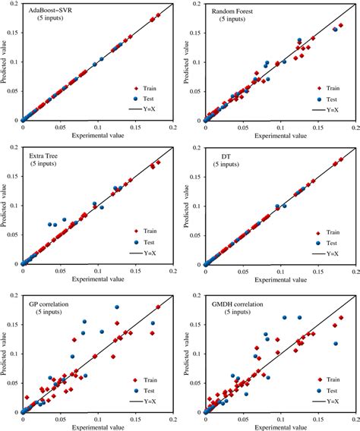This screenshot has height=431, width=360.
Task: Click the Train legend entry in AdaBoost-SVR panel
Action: tap(149, 87)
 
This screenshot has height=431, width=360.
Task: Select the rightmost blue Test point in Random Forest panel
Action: tap(335, 30)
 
